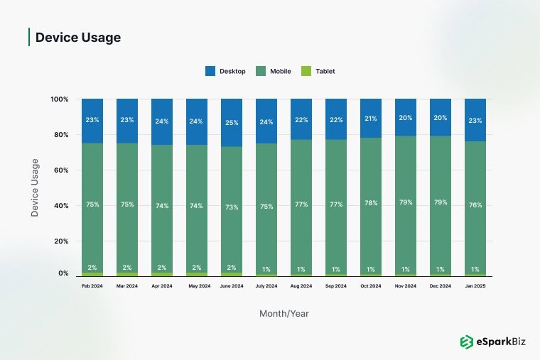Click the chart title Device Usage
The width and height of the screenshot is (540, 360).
pos(78,38)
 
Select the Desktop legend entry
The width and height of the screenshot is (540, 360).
pos(225,71)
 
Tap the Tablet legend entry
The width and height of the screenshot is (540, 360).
pos(318,71)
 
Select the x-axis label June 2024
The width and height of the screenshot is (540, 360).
pos(232,286)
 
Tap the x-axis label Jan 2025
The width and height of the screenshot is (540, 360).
pos(475,286)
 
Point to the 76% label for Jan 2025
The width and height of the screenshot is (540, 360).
pos(475,205)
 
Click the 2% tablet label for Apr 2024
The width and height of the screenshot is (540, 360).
pos(162,268)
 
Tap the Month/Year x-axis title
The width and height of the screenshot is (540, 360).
pos(283,313)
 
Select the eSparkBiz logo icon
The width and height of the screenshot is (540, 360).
pos(467,342)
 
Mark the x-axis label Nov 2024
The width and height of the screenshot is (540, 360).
pos(406,286)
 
